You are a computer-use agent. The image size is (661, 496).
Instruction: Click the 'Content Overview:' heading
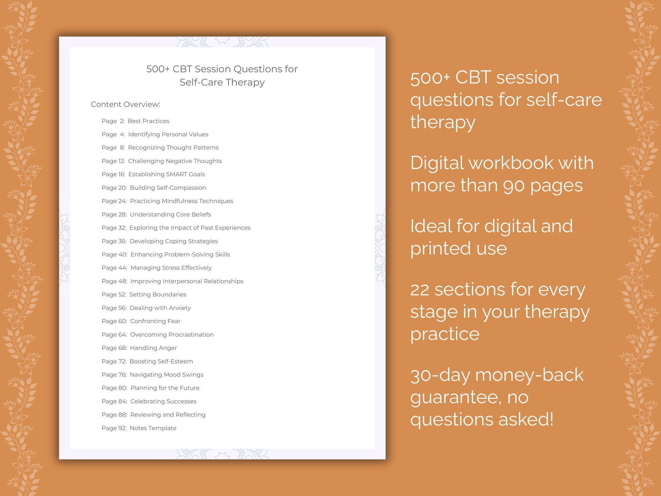[x=125, y=104]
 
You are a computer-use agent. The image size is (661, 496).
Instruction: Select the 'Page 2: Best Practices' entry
[x=135, y=121]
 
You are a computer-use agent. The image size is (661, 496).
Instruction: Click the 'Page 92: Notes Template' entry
[x=139, y=428]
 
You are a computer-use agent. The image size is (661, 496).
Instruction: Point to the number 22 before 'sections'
[x=420, y=290]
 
